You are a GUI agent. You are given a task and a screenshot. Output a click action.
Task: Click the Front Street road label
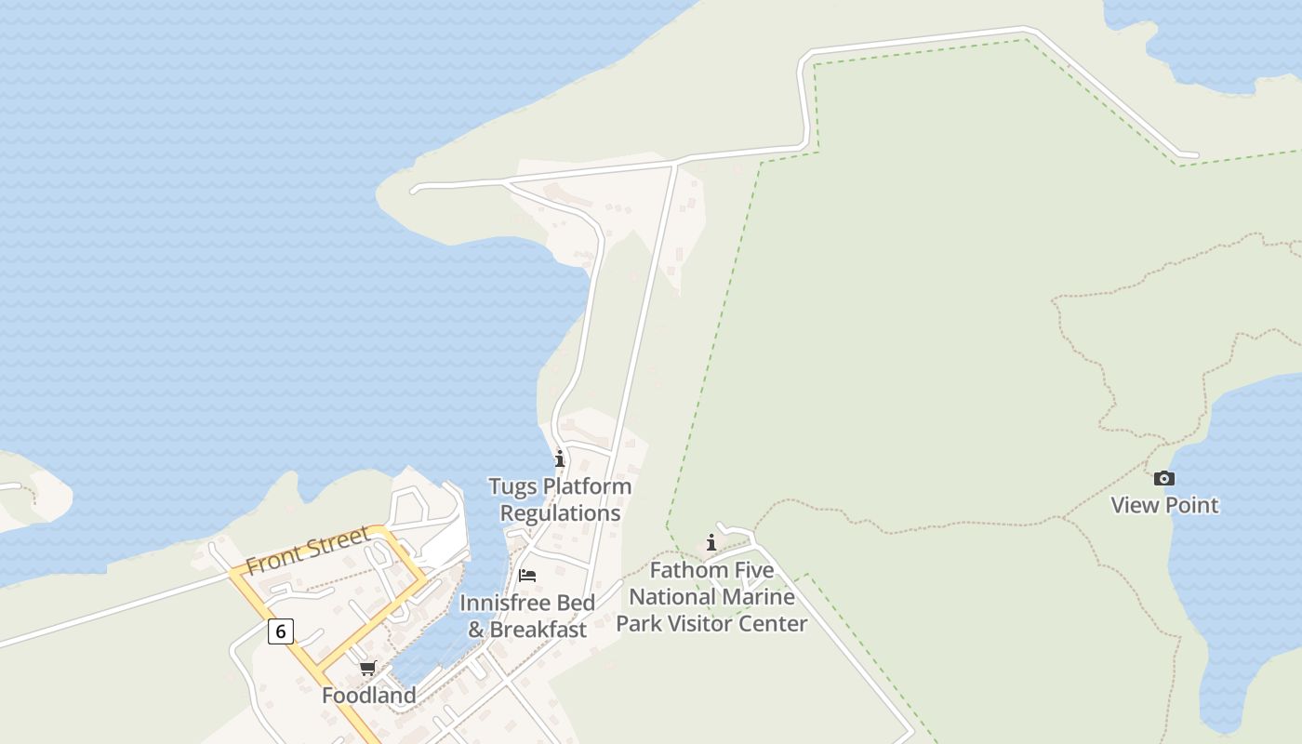(308, 550)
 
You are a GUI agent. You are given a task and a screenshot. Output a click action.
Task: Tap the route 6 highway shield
(280, 631)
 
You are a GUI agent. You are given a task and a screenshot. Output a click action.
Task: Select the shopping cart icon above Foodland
(368, 668)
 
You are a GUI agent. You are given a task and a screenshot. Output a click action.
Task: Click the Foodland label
(368, 696)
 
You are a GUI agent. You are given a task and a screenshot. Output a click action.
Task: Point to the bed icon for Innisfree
(527, 576)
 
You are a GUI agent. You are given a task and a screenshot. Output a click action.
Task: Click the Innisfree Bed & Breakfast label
(527, 616)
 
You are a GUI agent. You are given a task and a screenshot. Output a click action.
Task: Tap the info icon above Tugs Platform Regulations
(560, 458)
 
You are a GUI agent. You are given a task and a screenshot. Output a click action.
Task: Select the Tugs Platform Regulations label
(560, 499)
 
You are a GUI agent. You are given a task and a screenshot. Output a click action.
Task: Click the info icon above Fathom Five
(712, 542)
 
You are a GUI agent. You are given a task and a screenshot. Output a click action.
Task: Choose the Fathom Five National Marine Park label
(711, 596)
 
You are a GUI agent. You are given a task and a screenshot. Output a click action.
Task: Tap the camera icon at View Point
(1163, 479)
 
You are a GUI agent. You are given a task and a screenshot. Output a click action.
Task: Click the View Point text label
(1164, 505)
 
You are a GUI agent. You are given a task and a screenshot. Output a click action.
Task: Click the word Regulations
(560, 513)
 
